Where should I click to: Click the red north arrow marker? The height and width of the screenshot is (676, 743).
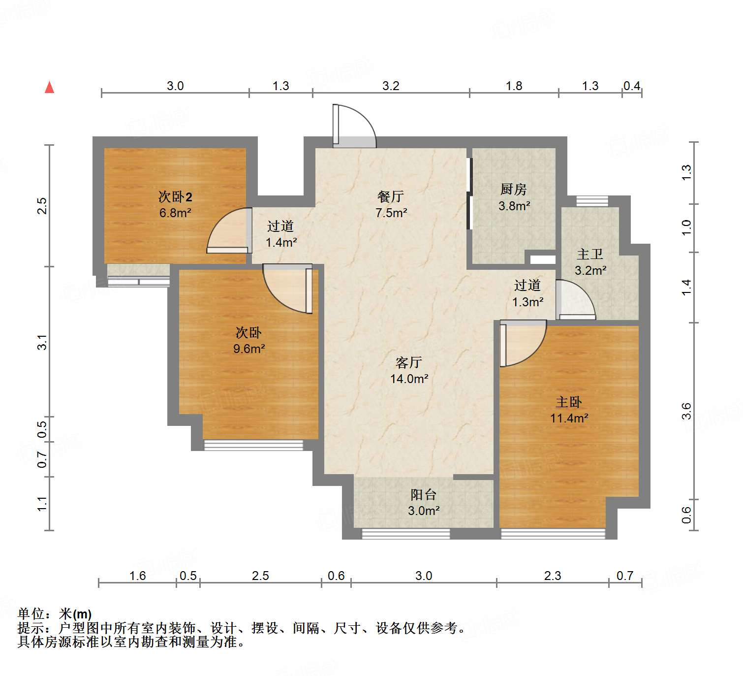click(x=49, y=87)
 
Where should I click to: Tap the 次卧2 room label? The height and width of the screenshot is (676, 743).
click(x=175, y=197)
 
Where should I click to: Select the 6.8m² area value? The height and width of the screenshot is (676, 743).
click(x=175, y=213)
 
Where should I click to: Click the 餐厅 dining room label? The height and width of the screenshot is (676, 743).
click(x=391, y=197)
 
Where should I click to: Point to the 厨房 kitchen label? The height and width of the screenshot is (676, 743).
click(x=514, y=190)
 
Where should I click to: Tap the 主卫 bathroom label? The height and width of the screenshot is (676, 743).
click(x=590, y=255)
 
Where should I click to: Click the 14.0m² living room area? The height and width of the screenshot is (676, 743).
click(x=409, y=379)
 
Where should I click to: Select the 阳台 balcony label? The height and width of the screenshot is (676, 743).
click(x=424, y=495)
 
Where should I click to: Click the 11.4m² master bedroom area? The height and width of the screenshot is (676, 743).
click(x=569, y=418)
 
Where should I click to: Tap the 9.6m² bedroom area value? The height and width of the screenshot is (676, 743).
click(x=249, y=349)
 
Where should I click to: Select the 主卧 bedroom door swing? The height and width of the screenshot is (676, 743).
click(x=522, y=342)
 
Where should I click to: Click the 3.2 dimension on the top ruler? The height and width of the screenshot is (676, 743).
click(x=391, y=86)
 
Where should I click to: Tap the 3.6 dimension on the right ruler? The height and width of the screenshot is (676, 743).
click(x=686, y=411)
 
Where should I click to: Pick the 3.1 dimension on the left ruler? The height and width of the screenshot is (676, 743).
click(x=43, y=342)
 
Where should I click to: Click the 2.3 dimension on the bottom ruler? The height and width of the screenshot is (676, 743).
click(x=553, y=576)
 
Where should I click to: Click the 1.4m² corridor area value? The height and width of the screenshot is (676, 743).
click(x=281, y=243)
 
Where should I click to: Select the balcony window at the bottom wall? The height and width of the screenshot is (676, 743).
click(x=406, y=534)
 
